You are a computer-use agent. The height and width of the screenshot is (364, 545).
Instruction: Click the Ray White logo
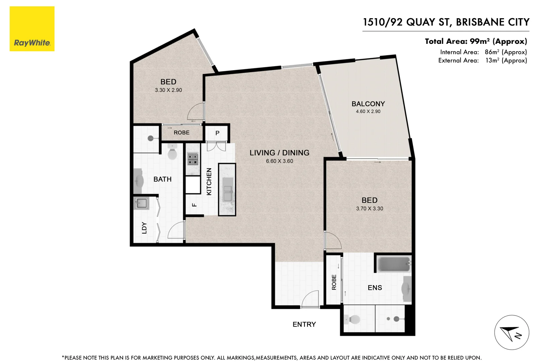32,29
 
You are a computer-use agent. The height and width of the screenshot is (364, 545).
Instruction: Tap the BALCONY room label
368,104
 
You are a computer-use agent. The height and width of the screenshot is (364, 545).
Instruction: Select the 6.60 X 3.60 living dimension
279,161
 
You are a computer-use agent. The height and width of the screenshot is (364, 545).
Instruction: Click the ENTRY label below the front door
304,324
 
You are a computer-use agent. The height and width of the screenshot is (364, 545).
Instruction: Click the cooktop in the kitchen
193,159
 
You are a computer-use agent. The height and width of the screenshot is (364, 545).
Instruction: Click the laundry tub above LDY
141,203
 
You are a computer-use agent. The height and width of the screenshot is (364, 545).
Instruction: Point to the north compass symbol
511,333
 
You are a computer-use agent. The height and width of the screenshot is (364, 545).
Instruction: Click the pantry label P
217,133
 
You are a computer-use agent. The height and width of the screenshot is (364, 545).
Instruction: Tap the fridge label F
194,205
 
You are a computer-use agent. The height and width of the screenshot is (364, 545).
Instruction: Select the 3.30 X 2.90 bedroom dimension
168,90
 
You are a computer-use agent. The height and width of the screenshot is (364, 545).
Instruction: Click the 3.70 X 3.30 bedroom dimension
369,209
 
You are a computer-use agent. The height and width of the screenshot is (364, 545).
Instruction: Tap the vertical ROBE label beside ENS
334,282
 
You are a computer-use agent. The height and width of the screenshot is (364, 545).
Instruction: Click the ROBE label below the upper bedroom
182,132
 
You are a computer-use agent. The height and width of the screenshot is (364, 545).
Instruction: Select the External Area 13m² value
506,60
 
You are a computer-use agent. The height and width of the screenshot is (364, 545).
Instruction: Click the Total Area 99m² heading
476,41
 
